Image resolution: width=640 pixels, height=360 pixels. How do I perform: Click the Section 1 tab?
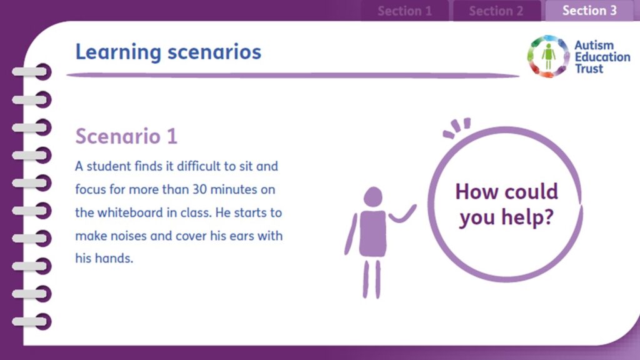pos(404,11)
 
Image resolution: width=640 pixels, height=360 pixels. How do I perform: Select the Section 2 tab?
pos(496,11)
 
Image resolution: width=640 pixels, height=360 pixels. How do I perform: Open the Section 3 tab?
pos(589,11)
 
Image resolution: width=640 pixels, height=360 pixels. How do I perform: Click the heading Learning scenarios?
pos(168,52)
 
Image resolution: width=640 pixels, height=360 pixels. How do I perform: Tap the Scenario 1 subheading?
pos(126,136)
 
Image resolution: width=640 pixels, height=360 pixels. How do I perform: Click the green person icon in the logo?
pos(549,56)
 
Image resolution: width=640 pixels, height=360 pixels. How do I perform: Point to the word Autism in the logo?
pos(594,45)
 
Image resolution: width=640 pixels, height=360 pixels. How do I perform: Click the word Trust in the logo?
pos(589,69)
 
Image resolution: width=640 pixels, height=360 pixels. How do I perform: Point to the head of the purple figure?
pos(373,197)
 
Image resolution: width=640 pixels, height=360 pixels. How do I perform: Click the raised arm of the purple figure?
pos(402,214)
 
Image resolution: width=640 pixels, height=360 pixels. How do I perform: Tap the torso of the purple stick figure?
pos(372,234)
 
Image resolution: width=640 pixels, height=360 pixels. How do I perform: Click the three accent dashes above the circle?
pos(457,128)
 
